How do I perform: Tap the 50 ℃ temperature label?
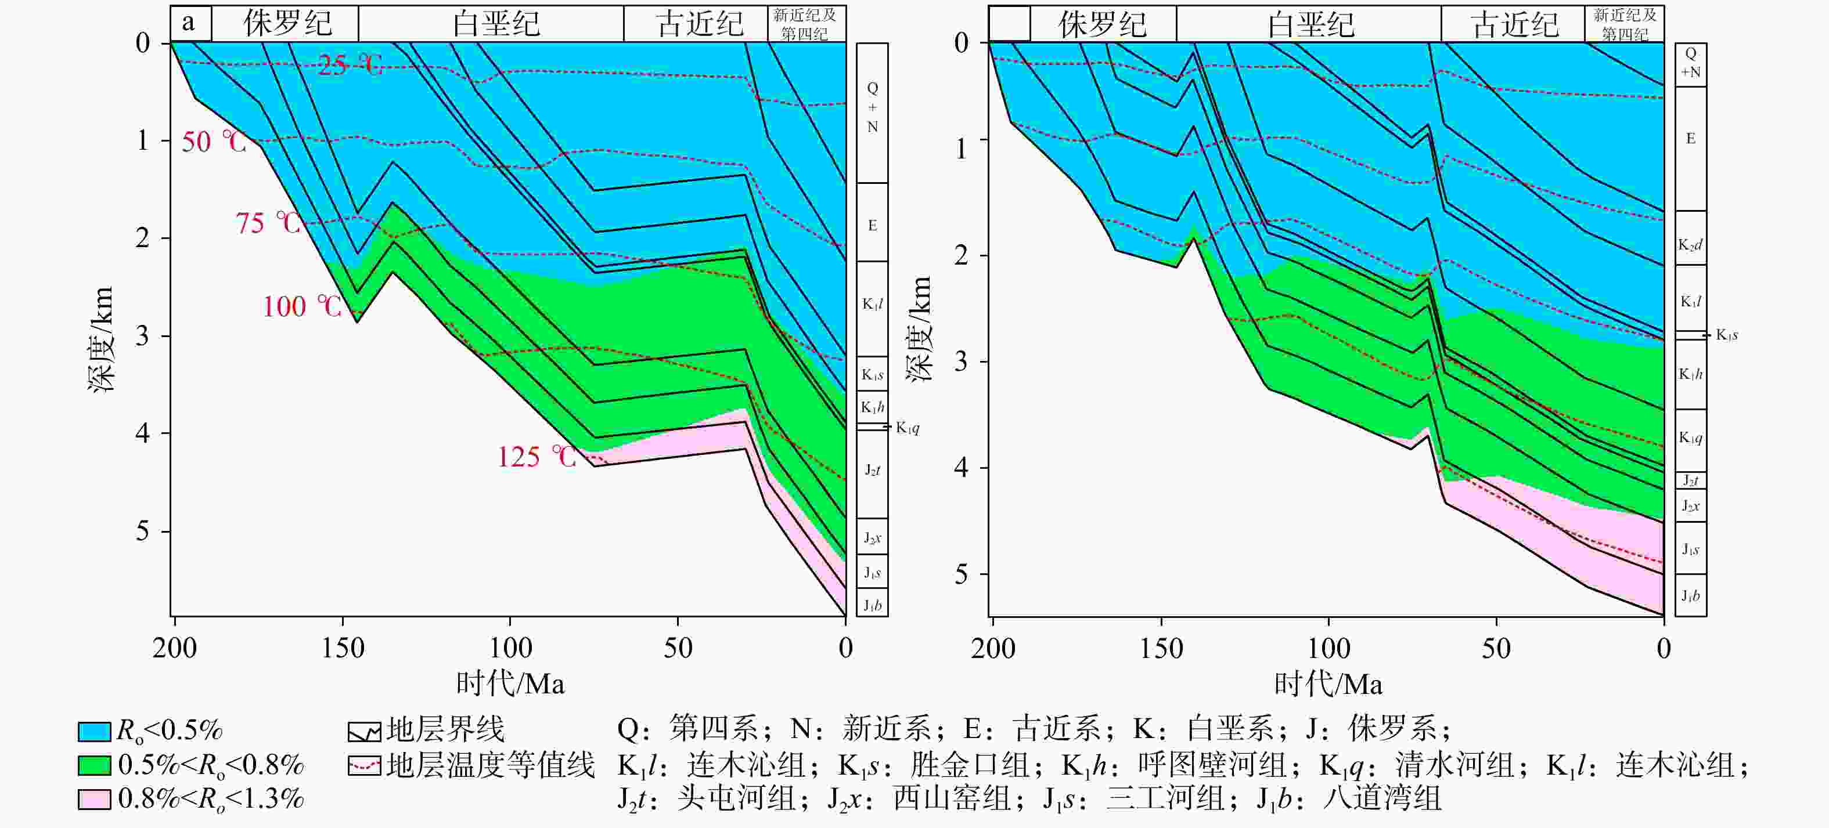(x=214, y=142)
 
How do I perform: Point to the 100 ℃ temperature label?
(x=303, y=306)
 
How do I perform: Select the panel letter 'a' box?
(x=189, y=23)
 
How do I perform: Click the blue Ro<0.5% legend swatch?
(x=95, y=731)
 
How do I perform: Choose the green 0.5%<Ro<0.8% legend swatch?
(x=95, y=765)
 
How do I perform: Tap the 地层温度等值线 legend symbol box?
(x=364, y=765)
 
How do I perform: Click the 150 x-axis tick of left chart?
(x=343, y=647)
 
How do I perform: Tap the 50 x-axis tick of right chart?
(x=1496, y=647)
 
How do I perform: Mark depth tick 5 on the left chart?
(x=143, y=531)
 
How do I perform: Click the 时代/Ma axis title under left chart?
(x=510, y=684)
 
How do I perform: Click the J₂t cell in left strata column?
(x=873, y=471)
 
